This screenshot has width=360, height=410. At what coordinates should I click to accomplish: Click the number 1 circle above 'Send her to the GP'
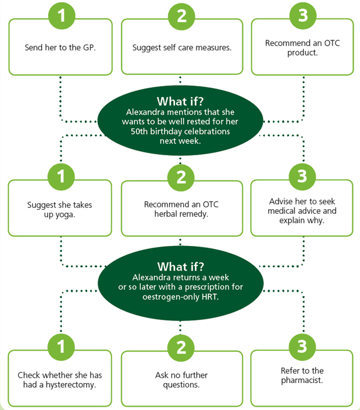tap(61, 16)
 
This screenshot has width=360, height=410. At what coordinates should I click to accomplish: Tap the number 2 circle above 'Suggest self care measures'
tap(181, 16)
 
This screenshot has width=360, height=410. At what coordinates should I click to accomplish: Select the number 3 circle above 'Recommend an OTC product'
tap(303, 15)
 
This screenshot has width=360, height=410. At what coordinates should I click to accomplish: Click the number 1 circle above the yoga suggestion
tap(61, 176)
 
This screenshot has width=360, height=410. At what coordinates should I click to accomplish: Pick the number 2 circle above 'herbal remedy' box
tap(181, 177)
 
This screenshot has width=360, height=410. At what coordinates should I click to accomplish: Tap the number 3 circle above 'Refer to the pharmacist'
tap(302, 347)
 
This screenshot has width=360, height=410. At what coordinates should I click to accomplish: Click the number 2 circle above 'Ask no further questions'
tap(181, 348)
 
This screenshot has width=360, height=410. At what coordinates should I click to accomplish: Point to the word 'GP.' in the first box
tap(90, 47)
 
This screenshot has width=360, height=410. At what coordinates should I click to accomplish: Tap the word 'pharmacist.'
tap(302, 380)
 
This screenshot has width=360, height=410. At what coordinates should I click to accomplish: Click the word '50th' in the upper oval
tap(139, 131)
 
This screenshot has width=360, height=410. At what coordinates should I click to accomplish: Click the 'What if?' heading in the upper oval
tap(180, 101)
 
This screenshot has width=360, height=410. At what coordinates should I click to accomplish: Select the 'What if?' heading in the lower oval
tap(180, 266)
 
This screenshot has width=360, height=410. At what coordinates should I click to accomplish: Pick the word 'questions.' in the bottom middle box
tap(181, 385)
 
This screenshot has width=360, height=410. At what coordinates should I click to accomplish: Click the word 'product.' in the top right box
tap(303, 53)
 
